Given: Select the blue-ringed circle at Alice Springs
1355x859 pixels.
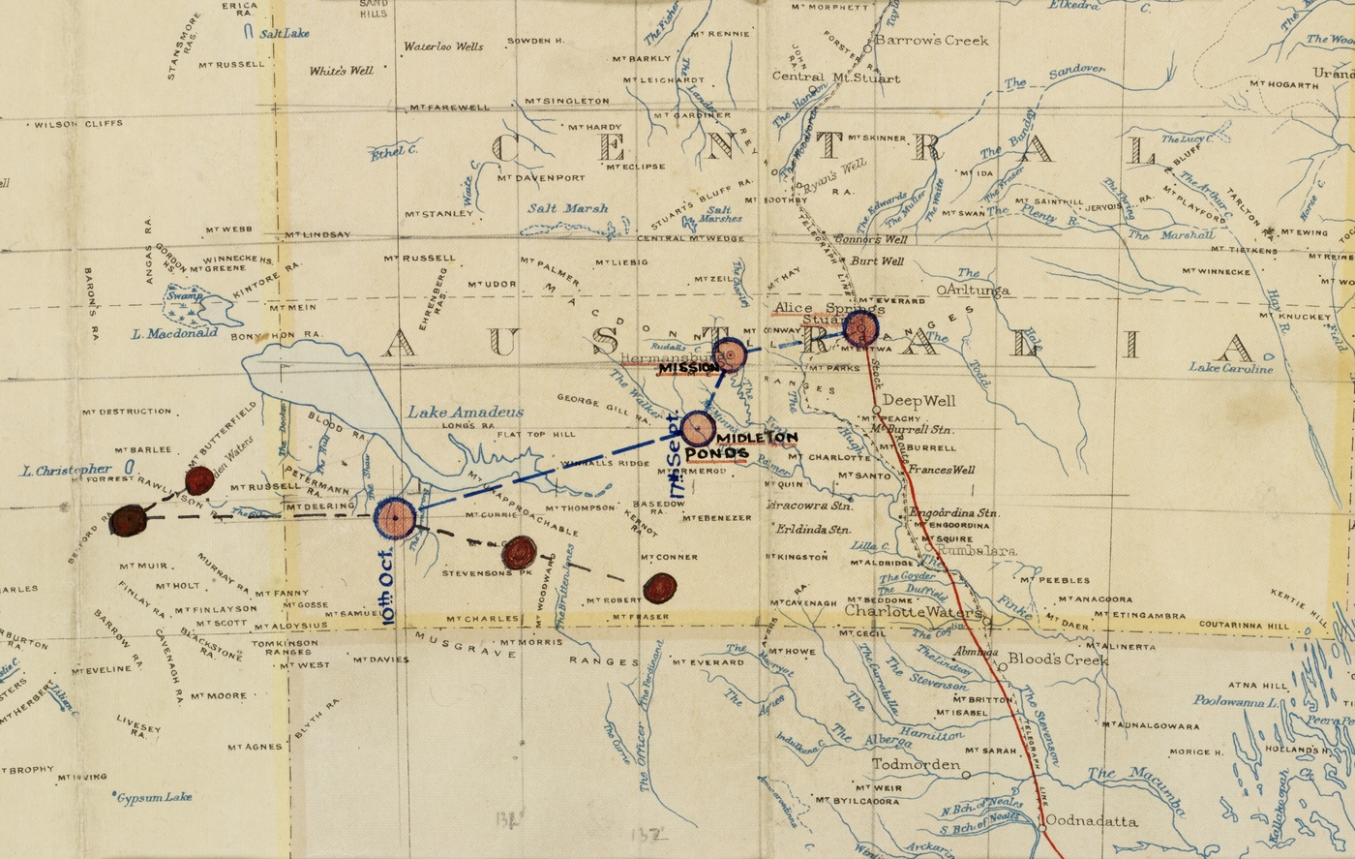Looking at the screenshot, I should (859, 328).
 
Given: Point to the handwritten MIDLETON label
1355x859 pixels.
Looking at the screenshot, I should (758, 438).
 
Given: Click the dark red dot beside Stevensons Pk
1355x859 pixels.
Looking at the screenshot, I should (520, 552).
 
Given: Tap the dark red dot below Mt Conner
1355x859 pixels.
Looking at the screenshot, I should (660, 587).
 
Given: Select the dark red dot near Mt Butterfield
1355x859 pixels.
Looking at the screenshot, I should (198, 480).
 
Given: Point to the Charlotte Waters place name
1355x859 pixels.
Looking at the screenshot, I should (914, 613).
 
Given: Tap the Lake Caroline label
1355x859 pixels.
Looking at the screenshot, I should (1231, 368).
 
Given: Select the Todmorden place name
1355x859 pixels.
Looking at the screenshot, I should (917, 764).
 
